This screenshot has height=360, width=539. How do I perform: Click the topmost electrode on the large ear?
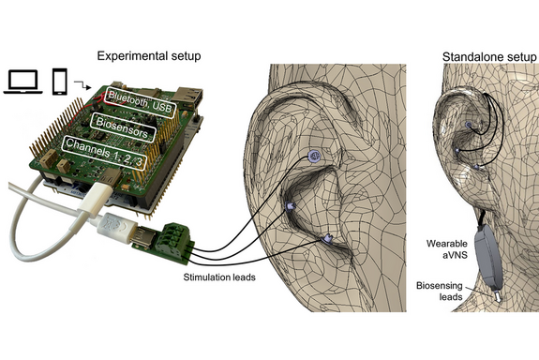click(x=316, y=156)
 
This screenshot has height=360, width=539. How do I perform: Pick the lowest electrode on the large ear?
click(x=328, y=240)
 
